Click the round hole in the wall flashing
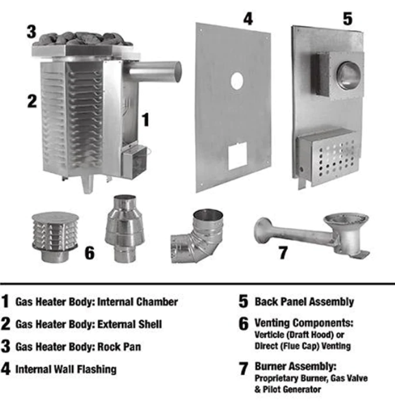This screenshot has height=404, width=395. [236, 81]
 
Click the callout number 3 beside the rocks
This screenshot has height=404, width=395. [31, 31]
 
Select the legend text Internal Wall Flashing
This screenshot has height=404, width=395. [68, 369]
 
